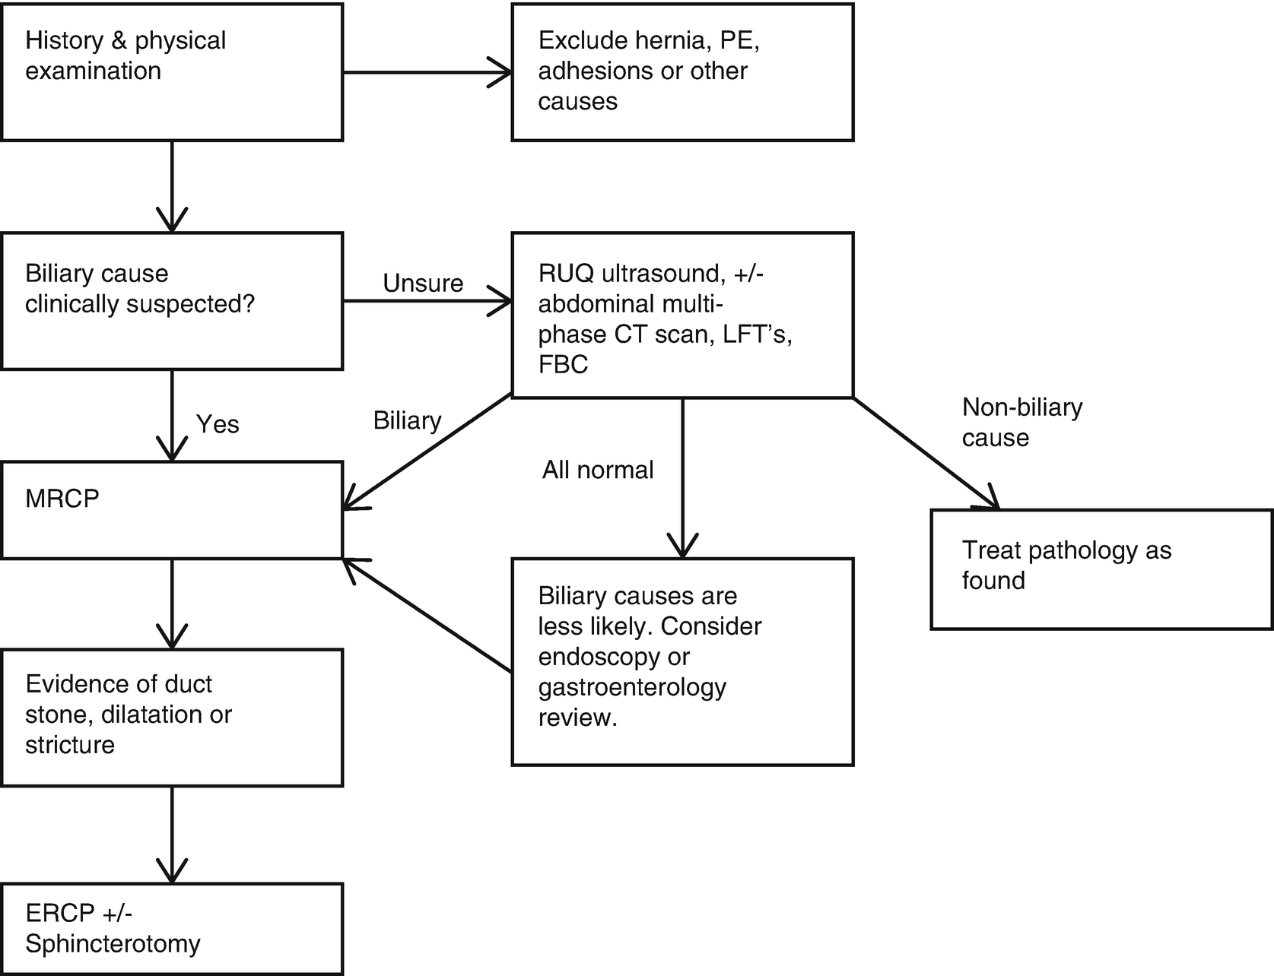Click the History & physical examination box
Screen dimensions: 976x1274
click(x=172, y=72)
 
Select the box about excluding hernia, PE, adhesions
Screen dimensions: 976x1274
click(x=682, y=72)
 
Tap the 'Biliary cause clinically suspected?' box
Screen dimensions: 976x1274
click(x=172, y=301)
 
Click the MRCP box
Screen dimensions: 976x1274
click(x=172, y=510)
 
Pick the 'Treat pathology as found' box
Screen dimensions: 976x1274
click(x=1101, y=569)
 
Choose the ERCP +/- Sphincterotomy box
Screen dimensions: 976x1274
click(x=172, y=929)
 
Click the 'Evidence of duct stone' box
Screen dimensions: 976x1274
click(x=172, y=717)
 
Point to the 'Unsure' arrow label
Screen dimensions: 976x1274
click(x=423, y=283)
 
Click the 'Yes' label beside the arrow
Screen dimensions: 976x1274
click(x=218, y=423)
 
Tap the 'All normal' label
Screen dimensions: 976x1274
click(x=598, y=470)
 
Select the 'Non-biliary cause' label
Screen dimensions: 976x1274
click(x=1021, y=423)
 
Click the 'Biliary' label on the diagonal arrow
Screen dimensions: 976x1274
click(x=407, y=420)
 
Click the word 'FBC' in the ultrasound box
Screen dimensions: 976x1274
click(x=563, y=365)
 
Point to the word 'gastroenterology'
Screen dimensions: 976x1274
click(x=632, y=687)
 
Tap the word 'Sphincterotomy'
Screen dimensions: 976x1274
click(x=113, y=944)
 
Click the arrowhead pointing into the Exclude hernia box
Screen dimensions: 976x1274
click(x=502, y=73)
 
